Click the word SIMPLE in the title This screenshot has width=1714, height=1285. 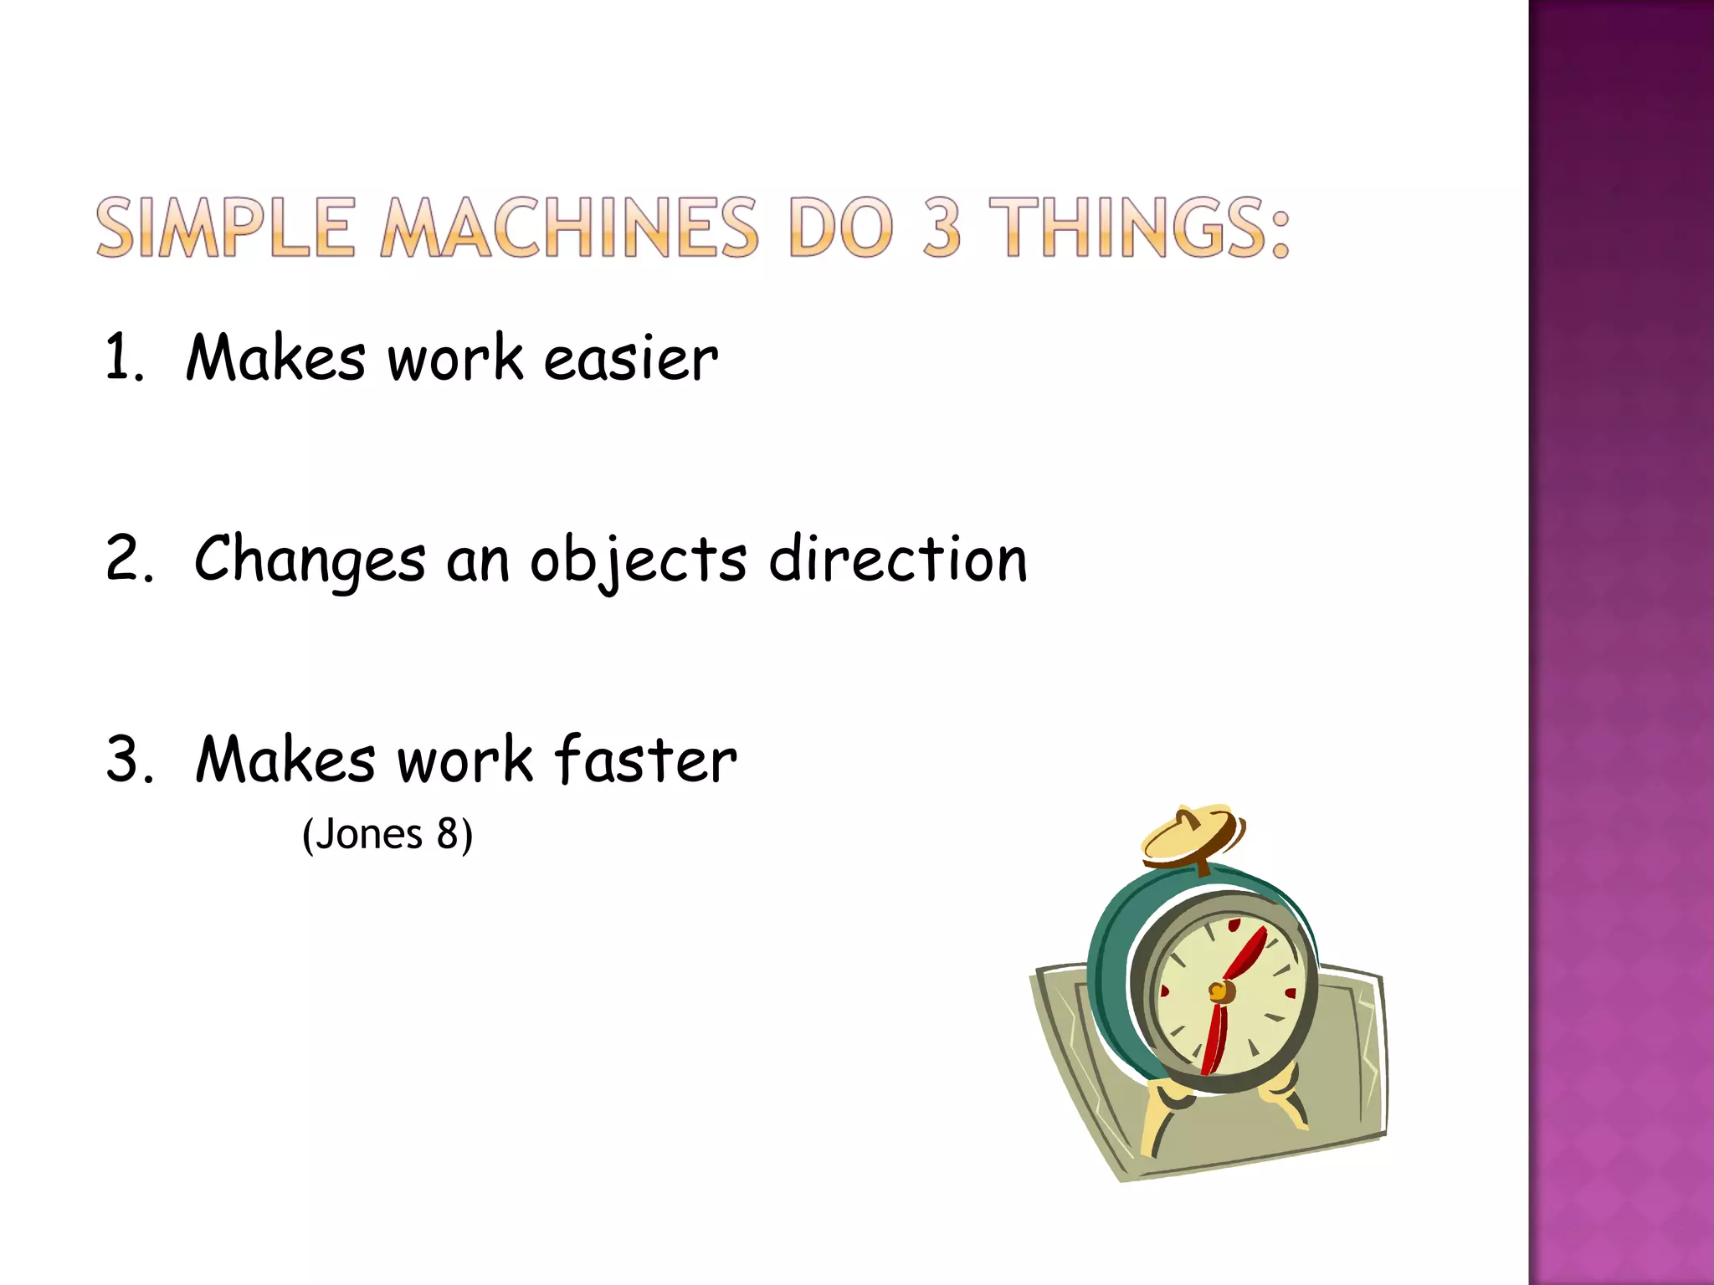(225, 227)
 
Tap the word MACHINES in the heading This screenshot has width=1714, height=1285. (570, 227)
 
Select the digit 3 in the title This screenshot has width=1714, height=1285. (942, 227)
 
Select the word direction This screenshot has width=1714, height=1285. (898, 559)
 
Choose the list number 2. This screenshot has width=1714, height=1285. (127, 559)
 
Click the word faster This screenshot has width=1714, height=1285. (645, 760)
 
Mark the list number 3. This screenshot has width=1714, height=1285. (127, 760)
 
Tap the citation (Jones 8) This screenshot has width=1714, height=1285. (387, 834)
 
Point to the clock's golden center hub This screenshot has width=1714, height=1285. (1221, 992)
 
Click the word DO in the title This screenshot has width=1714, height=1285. (840, 227)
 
